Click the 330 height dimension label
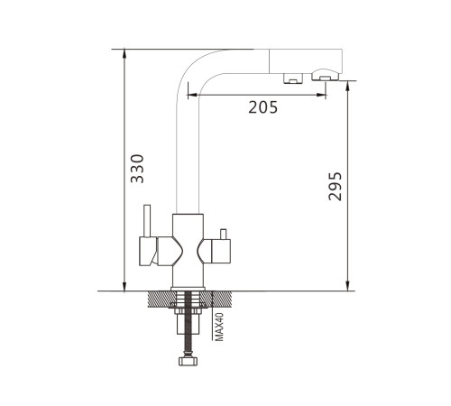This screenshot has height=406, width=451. (137, 169)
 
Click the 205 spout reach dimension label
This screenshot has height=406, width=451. (263, 107)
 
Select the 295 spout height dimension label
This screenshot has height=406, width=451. (336, 186)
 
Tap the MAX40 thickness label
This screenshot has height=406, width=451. (220, 327)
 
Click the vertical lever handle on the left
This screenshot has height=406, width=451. (147, 221)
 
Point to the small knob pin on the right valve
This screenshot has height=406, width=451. (223, 234)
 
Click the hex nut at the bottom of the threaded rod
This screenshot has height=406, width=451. (189, 361)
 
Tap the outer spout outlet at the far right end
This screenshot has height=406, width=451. (325, 75)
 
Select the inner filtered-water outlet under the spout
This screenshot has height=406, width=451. (293, 78)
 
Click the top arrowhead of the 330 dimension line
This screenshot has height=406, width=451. (124, 53)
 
